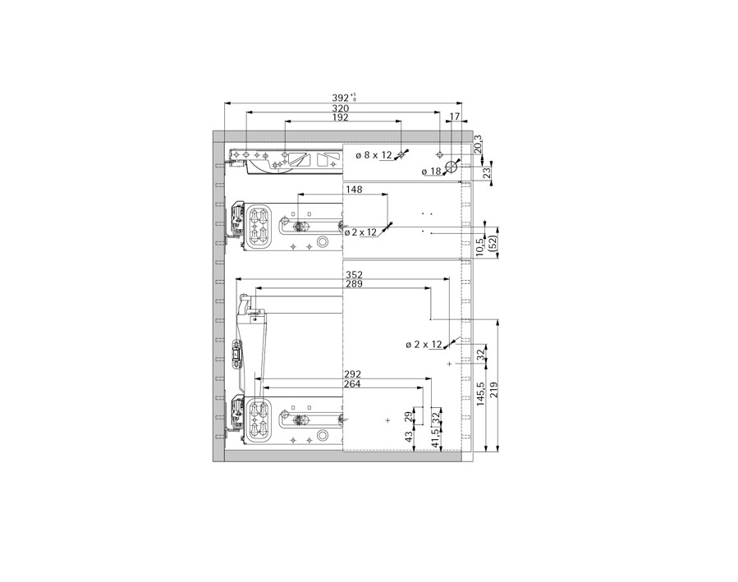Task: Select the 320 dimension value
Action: pyautogui.click(x=341, y=108)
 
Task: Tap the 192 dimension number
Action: pyautogui.click(x=341, y=117)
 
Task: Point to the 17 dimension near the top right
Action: pyautogui.click(x=455, y=117)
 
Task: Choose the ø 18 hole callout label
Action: pyautogui.click(x=431, y=172)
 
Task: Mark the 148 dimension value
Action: pyautogui.click(x=354, y=190)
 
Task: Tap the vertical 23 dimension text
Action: pyautogui.click(x=487, y=172)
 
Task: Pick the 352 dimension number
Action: pyautogui.click(x=354, y=275)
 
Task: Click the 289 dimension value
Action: pyautogui.click(x=354, y=284)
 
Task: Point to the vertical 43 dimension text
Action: pyautogui.click(x=410, y=438)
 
